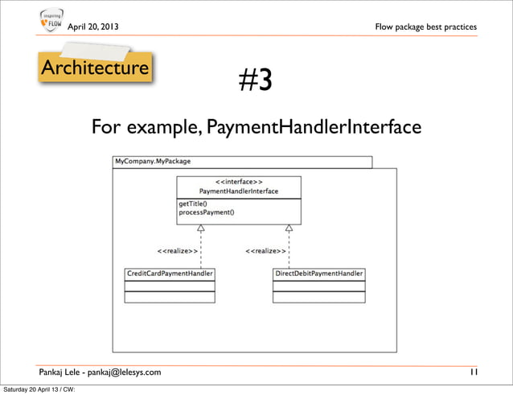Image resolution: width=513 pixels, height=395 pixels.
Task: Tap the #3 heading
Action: pyautogui.click(x=256, y=80)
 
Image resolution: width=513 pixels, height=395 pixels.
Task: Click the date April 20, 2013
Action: pyautogui.click(x=92, y=27)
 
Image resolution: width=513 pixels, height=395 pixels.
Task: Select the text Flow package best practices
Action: pyautogui.click(x=425, y=27)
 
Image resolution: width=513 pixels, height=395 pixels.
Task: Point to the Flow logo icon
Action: pyautogui.click(x=50, y=23)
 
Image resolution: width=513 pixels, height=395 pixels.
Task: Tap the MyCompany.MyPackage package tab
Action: pyautogui.click(x=153, y=161)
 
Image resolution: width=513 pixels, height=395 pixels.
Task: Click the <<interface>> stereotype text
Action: pyautogui.click(x=238, y=182)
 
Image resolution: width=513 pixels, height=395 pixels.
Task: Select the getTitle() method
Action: pyautogui.click(x=193, y=204)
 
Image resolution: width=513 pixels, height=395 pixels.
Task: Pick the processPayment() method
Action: pyautogui.click(x=207, y=212)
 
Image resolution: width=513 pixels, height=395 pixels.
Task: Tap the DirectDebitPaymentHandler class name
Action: pyautogui.click(x=319, y=274)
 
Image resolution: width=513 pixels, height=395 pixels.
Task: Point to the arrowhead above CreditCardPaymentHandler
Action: pyautogui.click(x=200, y=228)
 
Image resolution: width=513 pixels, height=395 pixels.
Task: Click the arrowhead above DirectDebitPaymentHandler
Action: pyautogui.click(x=289, y=228)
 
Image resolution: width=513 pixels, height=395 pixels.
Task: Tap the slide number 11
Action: pyautogui.click(x=473, y=372)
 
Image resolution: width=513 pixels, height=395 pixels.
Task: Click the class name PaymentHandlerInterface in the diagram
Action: pyautogui.click(x=239, y=191)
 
